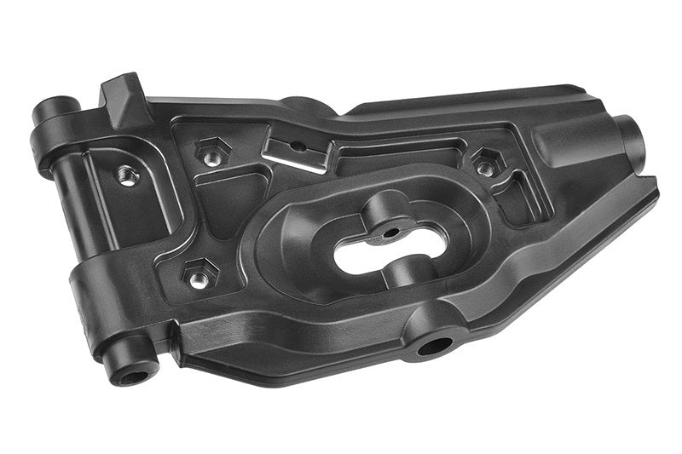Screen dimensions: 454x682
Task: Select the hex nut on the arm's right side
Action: tap(486, 164)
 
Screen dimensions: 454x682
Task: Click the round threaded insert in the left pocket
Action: tap(128, 176)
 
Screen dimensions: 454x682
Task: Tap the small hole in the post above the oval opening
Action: tap(390, 230)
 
